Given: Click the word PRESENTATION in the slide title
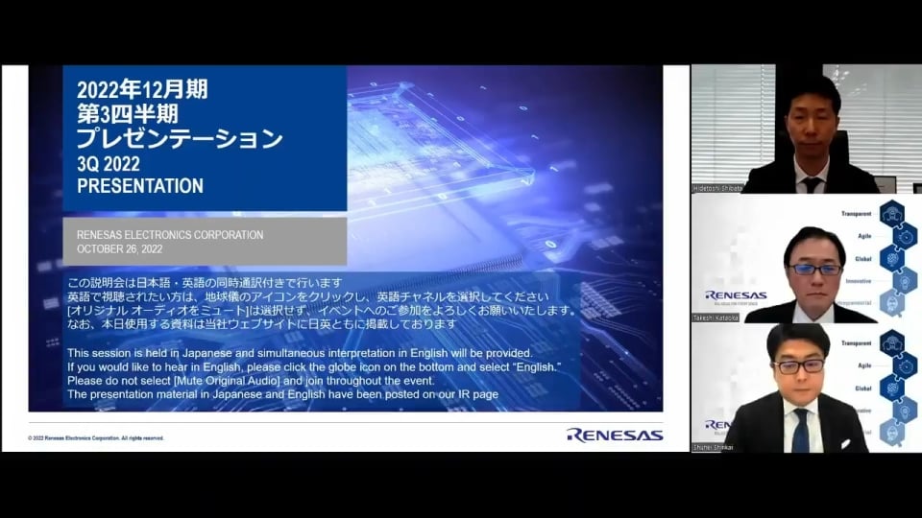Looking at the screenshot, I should point(140,186).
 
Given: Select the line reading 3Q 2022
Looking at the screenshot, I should point(110,164).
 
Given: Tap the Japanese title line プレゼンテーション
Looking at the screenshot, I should point(180,139).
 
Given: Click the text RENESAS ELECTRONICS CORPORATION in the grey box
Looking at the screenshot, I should point(170,235).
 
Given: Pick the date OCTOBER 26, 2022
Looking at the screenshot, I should point(120,249).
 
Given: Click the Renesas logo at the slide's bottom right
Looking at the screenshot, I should point(615,435).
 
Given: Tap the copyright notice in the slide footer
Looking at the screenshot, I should point(96,438).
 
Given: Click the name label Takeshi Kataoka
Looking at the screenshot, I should point(716,317).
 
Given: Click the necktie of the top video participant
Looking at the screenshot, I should point(813,184).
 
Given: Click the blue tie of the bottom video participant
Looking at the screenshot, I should point(800,431).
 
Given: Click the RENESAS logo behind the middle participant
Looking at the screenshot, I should point(736,295).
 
